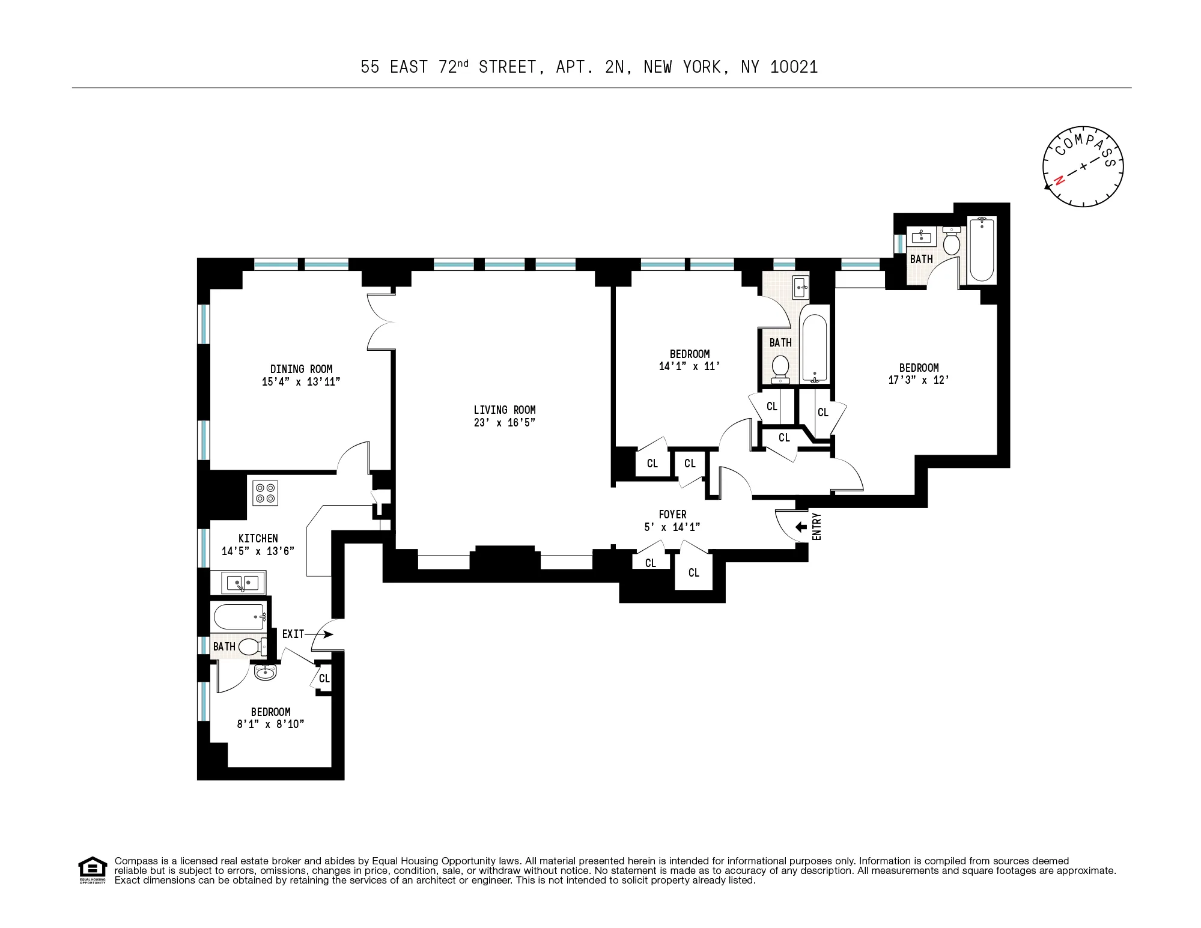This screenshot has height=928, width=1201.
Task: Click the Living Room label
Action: (x=504, y=410)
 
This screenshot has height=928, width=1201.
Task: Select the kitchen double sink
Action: (x=243, y=582)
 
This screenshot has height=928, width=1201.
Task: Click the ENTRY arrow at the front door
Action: (x=800, y=527)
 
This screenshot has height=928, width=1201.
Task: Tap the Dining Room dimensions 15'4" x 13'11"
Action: (x=301, y=381)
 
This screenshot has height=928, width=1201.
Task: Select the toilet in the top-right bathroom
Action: (x=952, y=242)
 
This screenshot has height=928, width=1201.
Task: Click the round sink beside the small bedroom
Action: (x=265, y=672)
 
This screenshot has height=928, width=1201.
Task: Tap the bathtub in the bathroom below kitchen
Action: (x=239, y=616)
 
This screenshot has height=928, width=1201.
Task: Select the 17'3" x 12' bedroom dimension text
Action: (x=919, y=380)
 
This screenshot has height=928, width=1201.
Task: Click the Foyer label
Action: (x=672, y=514)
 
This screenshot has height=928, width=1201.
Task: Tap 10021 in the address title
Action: (x=794, y=67)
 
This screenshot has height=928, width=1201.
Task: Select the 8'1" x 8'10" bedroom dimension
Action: (x=270, y=724)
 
